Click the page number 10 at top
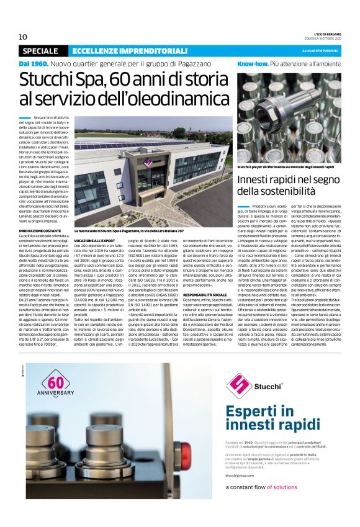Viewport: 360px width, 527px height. pos(22,37)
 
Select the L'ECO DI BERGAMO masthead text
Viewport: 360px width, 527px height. pos(322,34)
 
